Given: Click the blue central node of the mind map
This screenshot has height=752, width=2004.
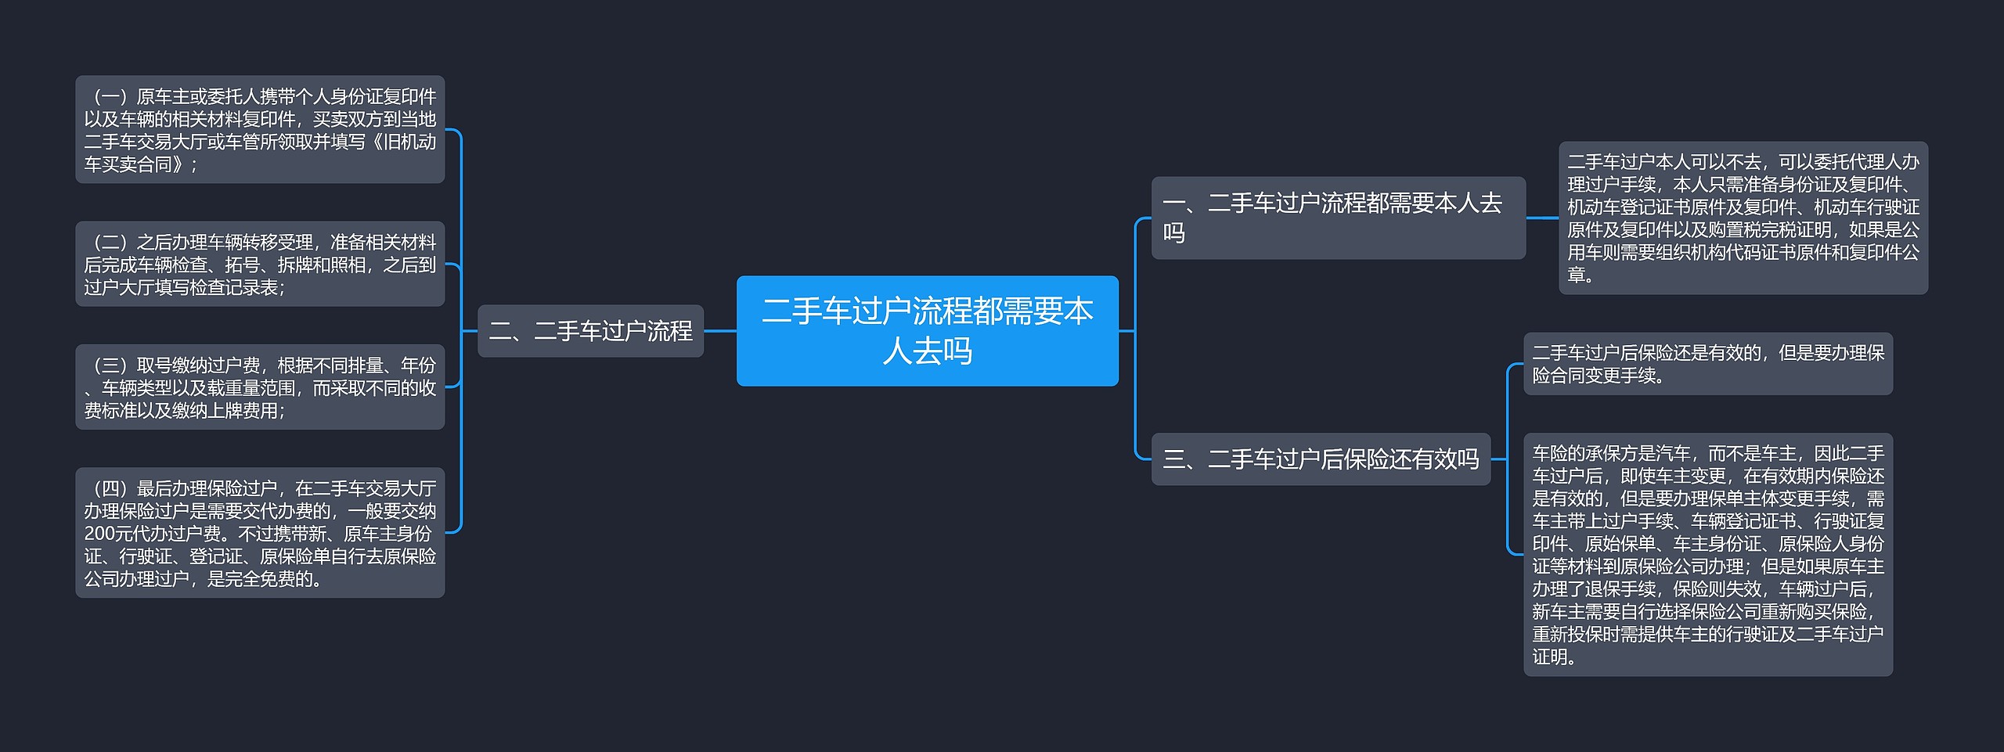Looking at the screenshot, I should [x=927, y=330].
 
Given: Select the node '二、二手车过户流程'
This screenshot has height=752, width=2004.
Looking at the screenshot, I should [x=590, y=331].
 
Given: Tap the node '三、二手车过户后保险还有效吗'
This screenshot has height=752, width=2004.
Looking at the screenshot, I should [x=1321, y=459].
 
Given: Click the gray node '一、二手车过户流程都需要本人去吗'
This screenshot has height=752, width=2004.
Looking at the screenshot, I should [x=1338, y=218].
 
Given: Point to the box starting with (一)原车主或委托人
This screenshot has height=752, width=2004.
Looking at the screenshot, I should [x=260, y=130].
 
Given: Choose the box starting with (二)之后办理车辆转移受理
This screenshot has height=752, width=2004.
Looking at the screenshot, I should [x=260, y=264].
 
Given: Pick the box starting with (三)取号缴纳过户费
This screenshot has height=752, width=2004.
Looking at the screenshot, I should [x=260, y=387].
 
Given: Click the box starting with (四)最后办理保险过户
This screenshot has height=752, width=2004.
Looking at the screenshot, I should [x=260, y=533].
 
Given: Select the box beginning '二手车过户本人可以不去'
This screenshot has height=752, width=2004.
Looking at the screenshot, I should [x=1743, y=218].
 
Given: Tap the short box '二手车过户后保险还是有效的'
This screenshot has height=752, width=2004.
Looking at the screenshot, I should [x=1707, y=364].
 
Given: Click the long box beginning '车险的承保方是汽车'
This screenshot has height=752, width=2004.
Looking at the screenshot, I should [x=1707, y=554].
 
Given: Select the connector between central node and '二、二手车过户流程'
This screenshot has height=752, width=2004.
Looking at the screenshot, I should [x=719, y=331].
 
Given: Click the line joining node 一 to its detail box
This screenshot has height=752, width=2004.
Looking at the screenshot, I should [x=1541, y=218].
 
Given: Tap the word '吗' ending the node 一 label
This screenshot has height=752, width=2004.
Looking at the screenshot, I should [x=1173, y=233].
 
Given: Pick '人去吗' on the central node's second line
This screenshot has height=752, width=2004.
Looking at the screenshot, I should [x=927, y=351].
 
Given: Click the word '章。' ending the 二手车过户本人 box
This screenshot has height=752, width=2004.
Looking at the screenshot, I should [x=1580, y=275].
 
